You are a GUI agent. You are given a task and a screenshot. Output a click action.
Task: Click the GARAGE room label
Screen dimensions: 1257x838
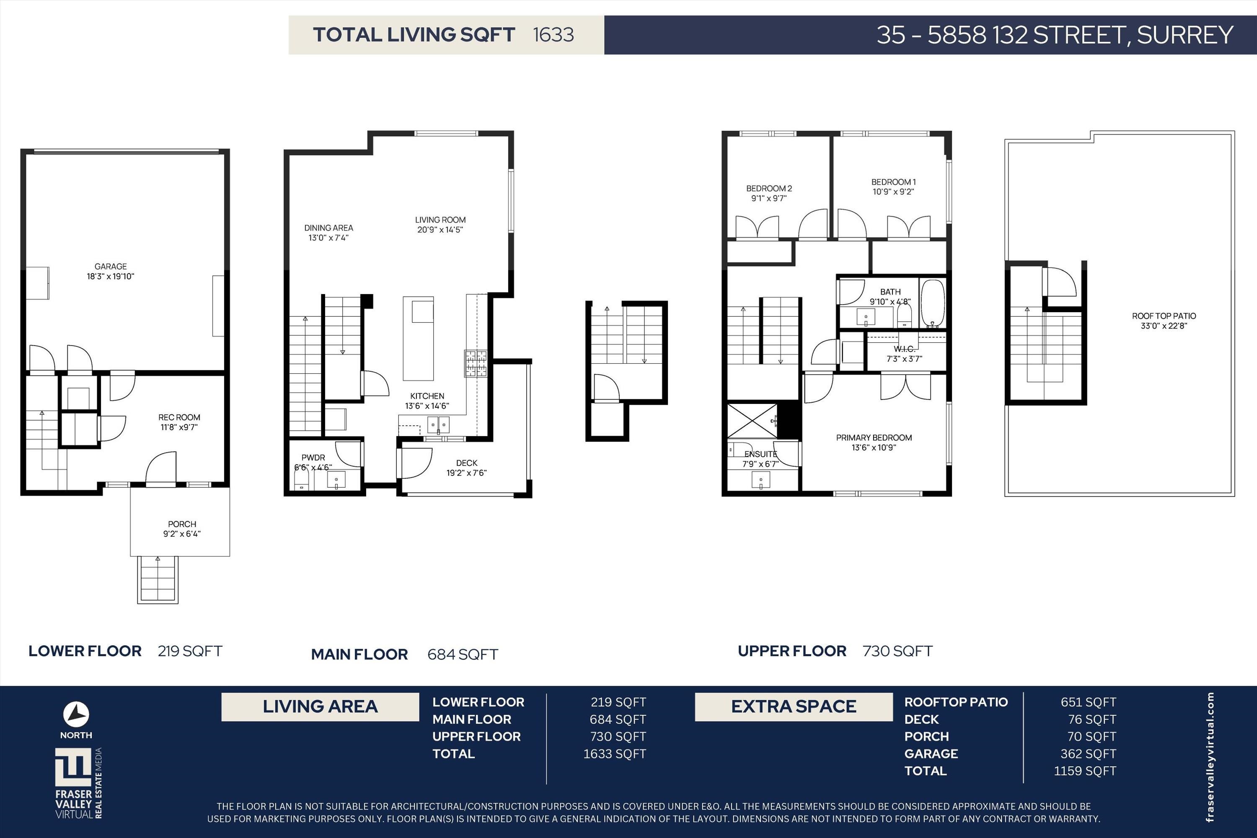pos(111,266)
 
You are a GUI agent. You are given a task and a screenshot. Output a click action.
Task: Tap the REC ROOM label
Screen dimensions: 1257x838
pos(179,417)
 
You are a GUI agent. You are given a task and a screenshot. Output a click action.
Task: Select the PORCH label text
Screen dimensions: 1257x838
pos(182,524)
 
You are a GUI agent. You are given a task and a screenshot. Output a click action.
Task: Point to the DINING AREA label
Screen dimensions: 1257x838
pos(328,228)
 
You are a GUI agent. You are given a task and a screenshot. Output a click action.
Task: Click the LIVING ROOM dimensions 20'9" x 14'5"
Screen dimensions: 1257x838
pos(440,230)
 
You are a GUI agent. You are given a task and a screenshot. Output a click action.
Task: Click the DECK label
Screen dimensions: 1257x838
pos(467,463)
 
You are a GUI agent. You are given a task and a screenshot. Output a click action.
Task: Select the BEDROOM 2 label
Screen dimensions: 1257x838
pos(769,189)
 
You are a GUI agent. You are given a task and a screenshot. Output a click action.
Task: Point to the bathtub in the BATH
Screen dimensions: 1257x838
pos(933,303)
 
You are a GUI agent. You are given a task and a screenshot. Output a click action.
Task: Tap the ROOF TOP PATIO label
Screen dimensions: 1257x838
pos(1164,316)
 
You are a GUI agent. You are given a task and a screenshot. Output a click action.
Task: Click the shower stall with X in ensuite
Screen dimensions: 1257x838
pos(752,421)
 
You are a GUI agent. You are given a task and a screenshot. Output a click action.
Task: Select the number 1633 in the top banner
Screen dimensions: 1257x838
pos(553,35)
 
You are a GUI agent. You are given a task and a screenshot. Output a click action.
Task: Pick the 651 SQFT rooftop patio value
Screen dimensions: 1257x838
pos(1088,702)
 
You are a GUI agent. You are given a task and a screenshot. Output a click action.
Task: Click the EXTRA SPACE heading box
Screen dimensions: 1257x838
pos(794,706)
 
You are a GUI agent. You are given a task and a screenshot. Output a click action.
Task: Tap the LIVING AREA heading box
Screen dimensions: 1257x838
pos(320,706)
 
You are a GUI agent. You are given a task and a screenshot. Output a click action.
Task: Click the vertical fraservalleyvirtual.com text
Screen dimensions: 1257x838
pos(1210,757)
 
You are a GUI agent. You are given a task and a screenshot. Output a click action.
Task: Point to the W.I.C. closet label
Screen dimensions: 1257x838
pos(904,349)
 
